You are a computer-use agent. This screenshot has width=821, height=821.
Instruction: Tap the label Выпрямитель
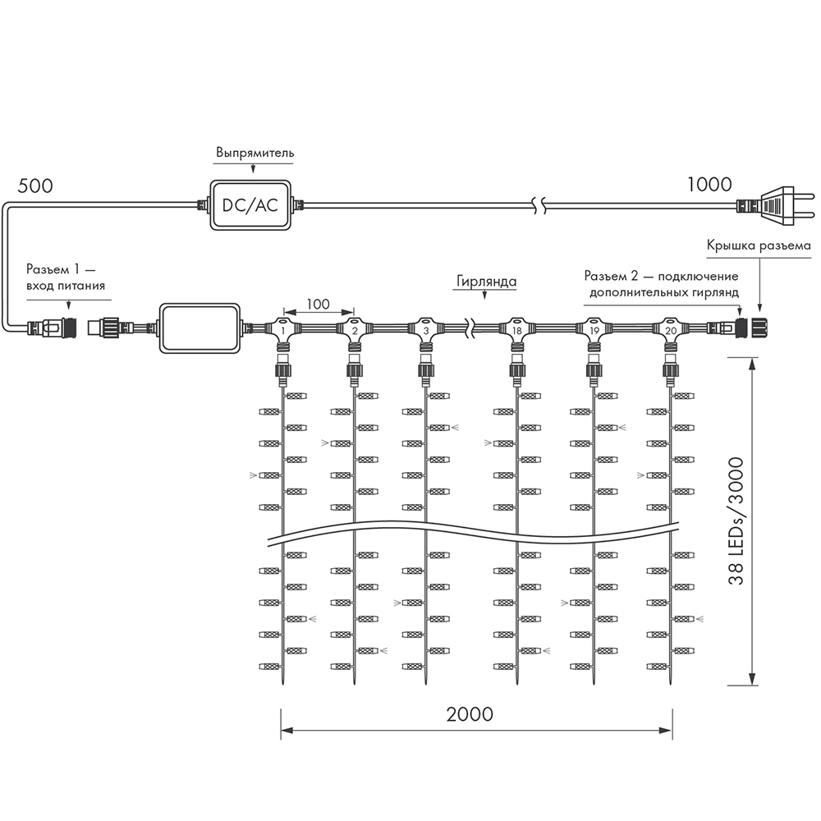click(255, 154)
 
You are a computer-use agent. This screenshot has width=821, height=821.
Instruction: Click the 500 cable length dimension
click(34, 185)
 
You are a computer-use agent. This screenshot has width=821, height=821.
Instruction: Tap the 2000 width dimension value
click(470, 713)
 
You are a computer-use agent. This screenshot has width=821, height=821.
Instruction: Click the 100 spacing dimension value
click(318, 305)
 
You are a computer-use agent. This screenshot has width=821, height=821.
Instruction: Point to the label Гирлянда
click(486, 282)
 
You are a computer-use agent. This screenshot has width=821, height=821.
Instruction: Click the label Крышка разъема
click(759, 245)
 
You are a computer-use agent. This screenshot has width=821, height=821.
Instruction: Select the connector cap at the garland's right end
click(758, 328)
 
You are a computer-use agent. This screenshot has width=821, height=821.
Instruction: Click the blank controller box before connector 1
click(200, 328)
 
